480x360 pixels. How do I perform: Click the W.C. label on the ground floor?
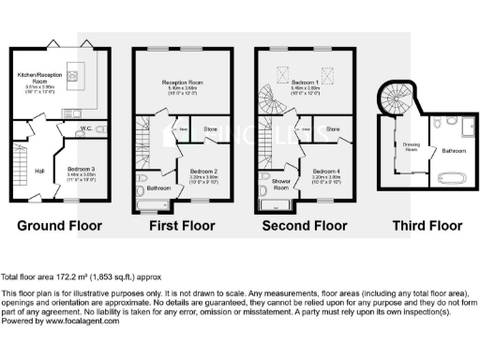85,129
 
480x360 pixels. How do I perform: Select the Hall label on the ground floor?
41,171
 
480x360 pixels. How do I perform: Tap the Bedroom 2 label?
203,172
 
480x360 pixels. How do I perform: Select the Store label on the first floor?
210,128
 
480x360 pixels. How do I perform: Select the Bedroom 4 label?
326,172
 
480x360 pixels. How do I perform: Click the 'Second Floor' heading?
305,226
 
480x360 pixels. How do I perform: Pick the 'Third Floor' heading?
427,226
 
